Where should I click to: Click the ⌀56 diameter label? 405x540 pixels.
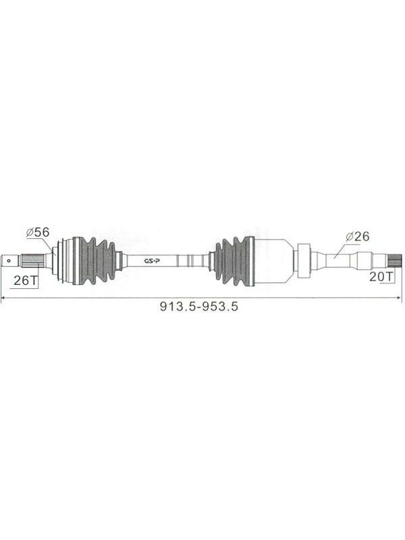38,232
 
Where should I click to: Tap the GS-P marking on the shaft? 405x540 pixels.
151,261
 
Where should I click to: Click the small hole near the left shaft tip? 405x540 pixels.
8,261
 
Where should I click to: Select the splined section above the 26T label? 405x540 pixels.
32,260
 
